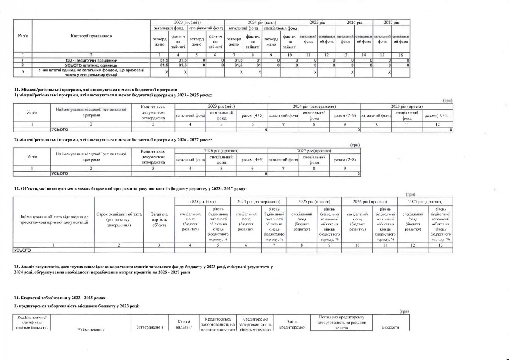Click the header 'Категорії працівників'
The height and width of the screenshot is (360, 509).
click(x=91, y=36)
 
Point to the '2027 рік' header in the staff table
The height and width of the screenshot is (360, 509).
click(x=391, y=22)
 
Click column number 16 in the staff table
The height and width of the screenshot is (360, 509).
click(x=400, y=55)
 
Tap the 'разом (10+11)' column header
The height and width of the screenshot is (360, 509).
click(x=438, y=115)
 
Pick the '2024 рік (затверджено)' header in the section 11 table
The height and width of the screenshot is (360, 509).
click(x=314, y=106)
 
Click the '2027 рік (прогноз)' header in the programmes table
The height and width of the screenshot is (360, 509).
click(x=314, y=151)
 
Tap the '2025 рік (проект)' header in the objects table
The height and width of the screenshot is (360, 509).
click(x=314, y=202)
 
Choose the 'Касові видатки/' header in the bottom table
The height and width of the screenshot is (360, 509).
click(x=184, y=324)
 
